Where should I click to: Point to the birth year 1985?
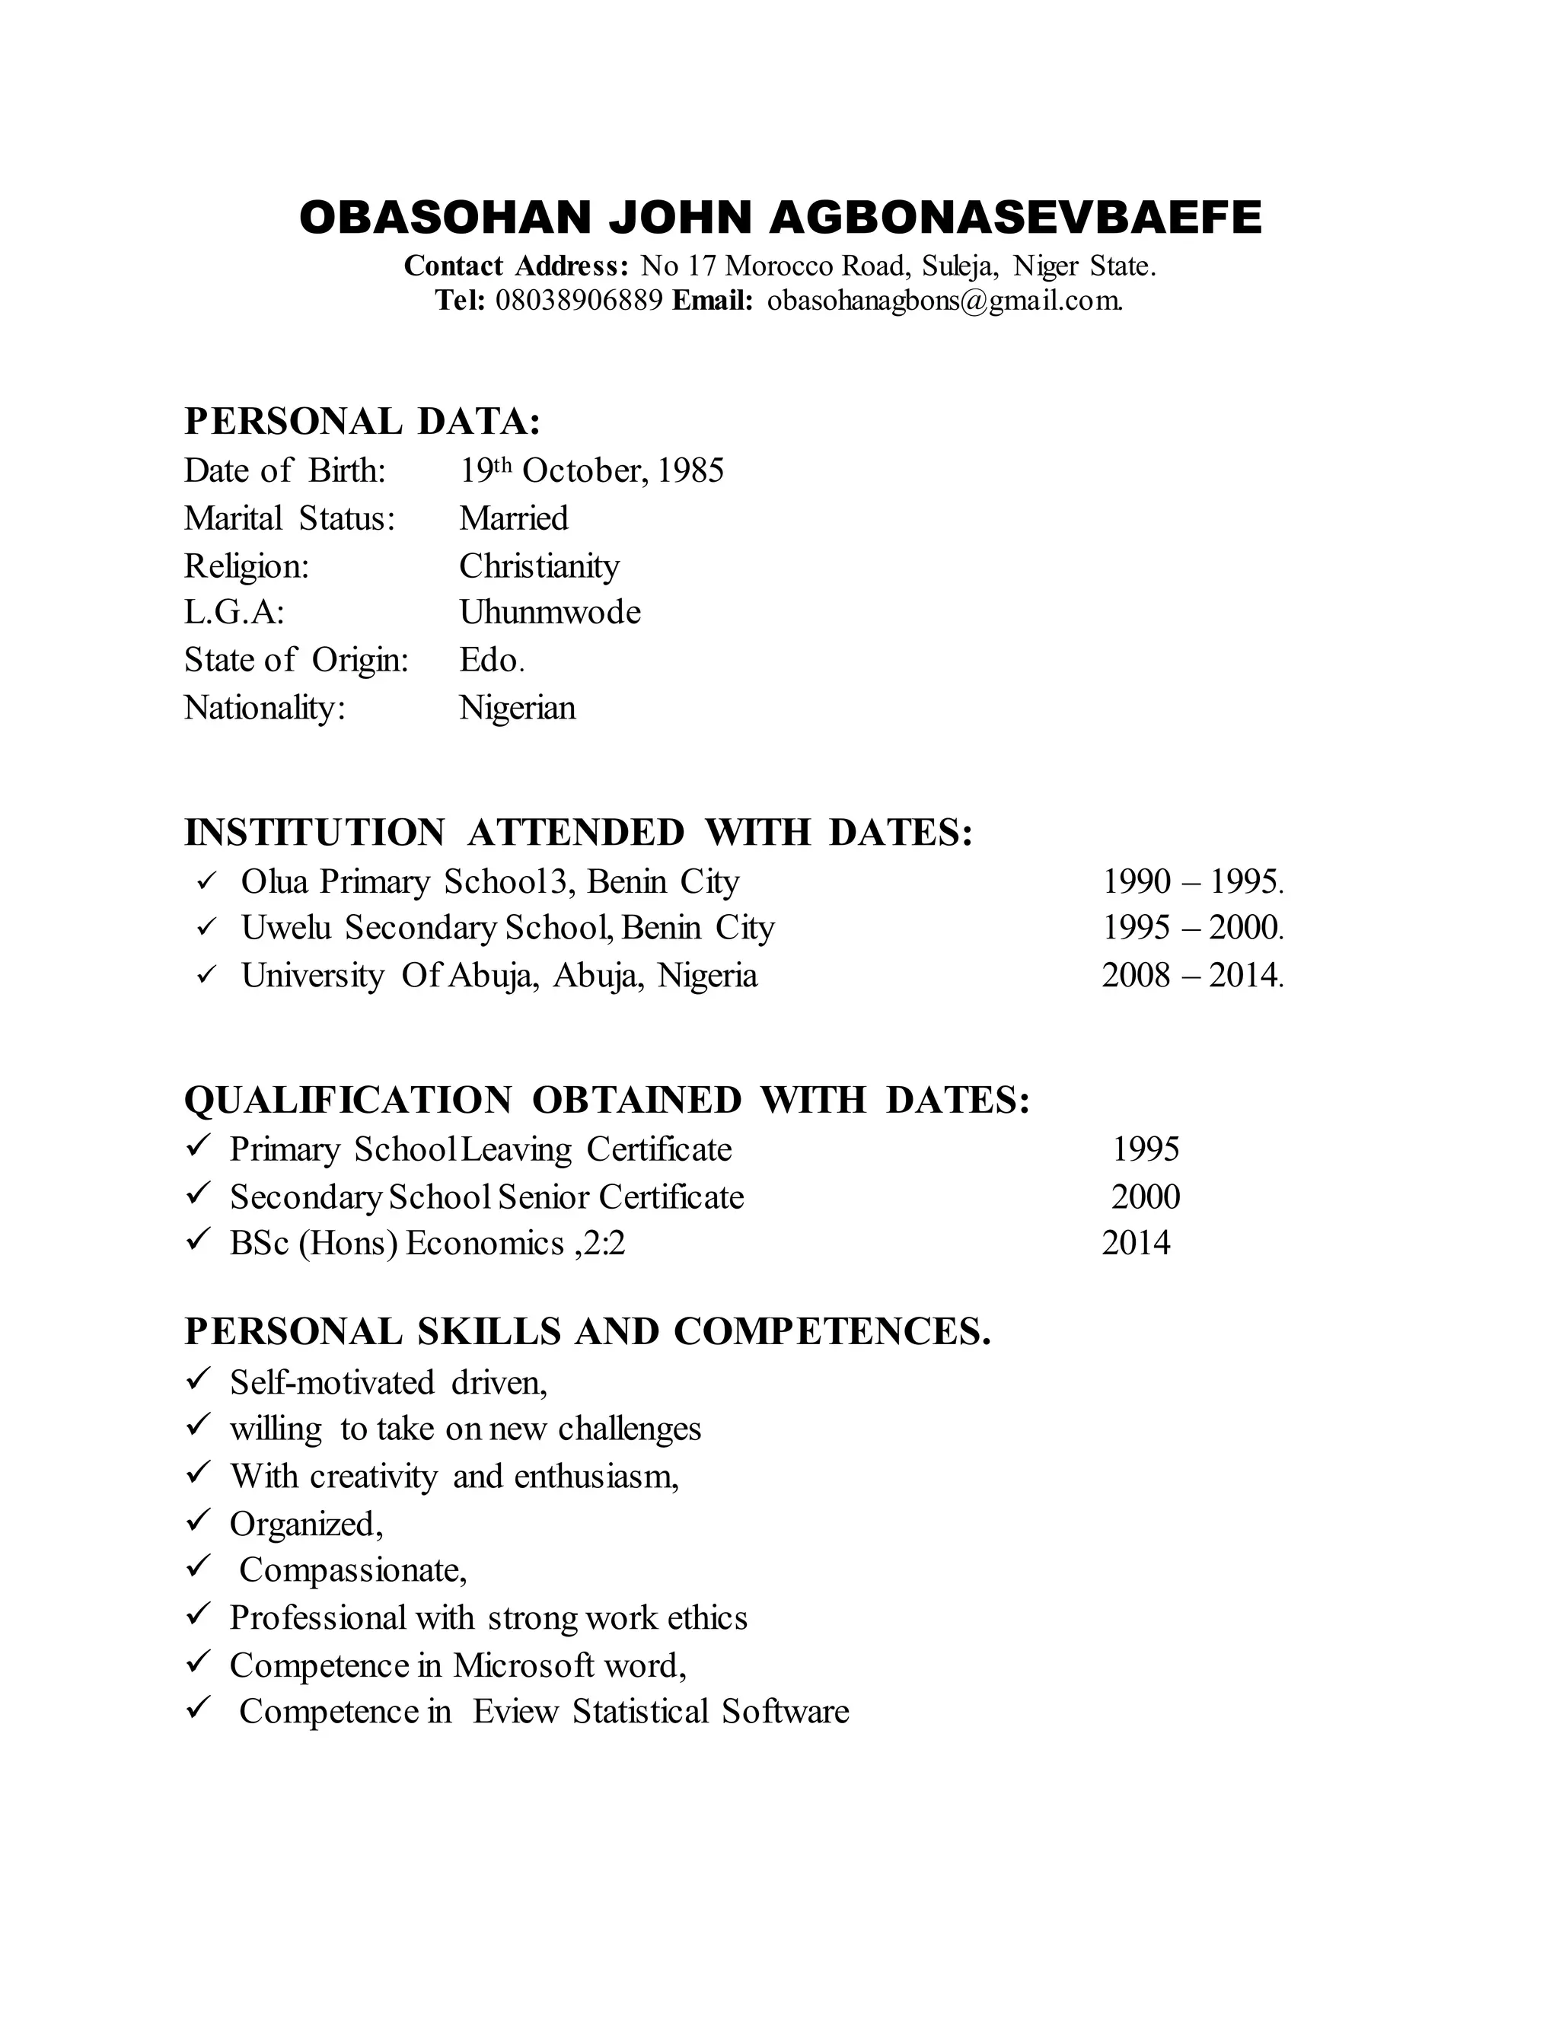coord(691,471)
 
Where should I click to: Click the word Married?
coord(514,518)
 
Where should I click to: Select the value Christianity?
coord(540,566)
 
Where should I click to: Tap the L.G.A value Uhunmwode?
coord(550,612)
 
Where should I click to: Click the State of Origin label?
coord(295,661)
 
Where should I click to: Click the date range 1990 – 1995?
coord(1191,882)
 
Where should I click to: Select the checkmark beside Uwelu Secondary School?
coord(206,926)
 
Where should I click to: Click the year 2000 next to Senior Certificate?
coord(1145,1198)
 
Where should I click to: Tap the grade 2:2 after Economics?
coord(605,1244)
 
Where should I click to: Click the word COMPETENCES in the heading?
coord(831,1332)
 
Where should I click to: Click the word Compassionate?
coord(352,1570)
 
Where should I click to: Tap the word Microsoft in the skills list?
coord(524,1665)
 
